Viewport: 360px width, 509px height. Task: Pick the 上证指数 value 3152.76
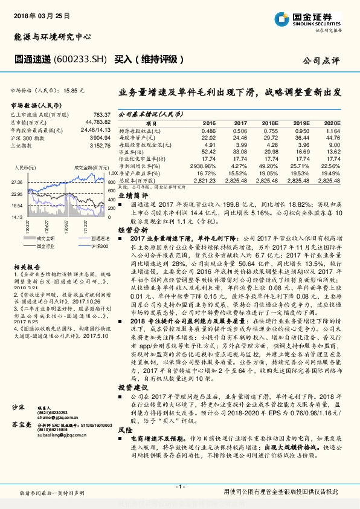pos(99,146)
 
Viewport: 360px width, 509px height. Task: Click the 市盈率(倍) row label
pos(134,151)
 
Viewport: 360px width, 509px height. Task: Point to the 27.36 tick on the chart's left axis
pos(17,181)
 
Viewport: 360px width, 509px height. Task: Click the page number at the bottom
pos(179,487)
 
